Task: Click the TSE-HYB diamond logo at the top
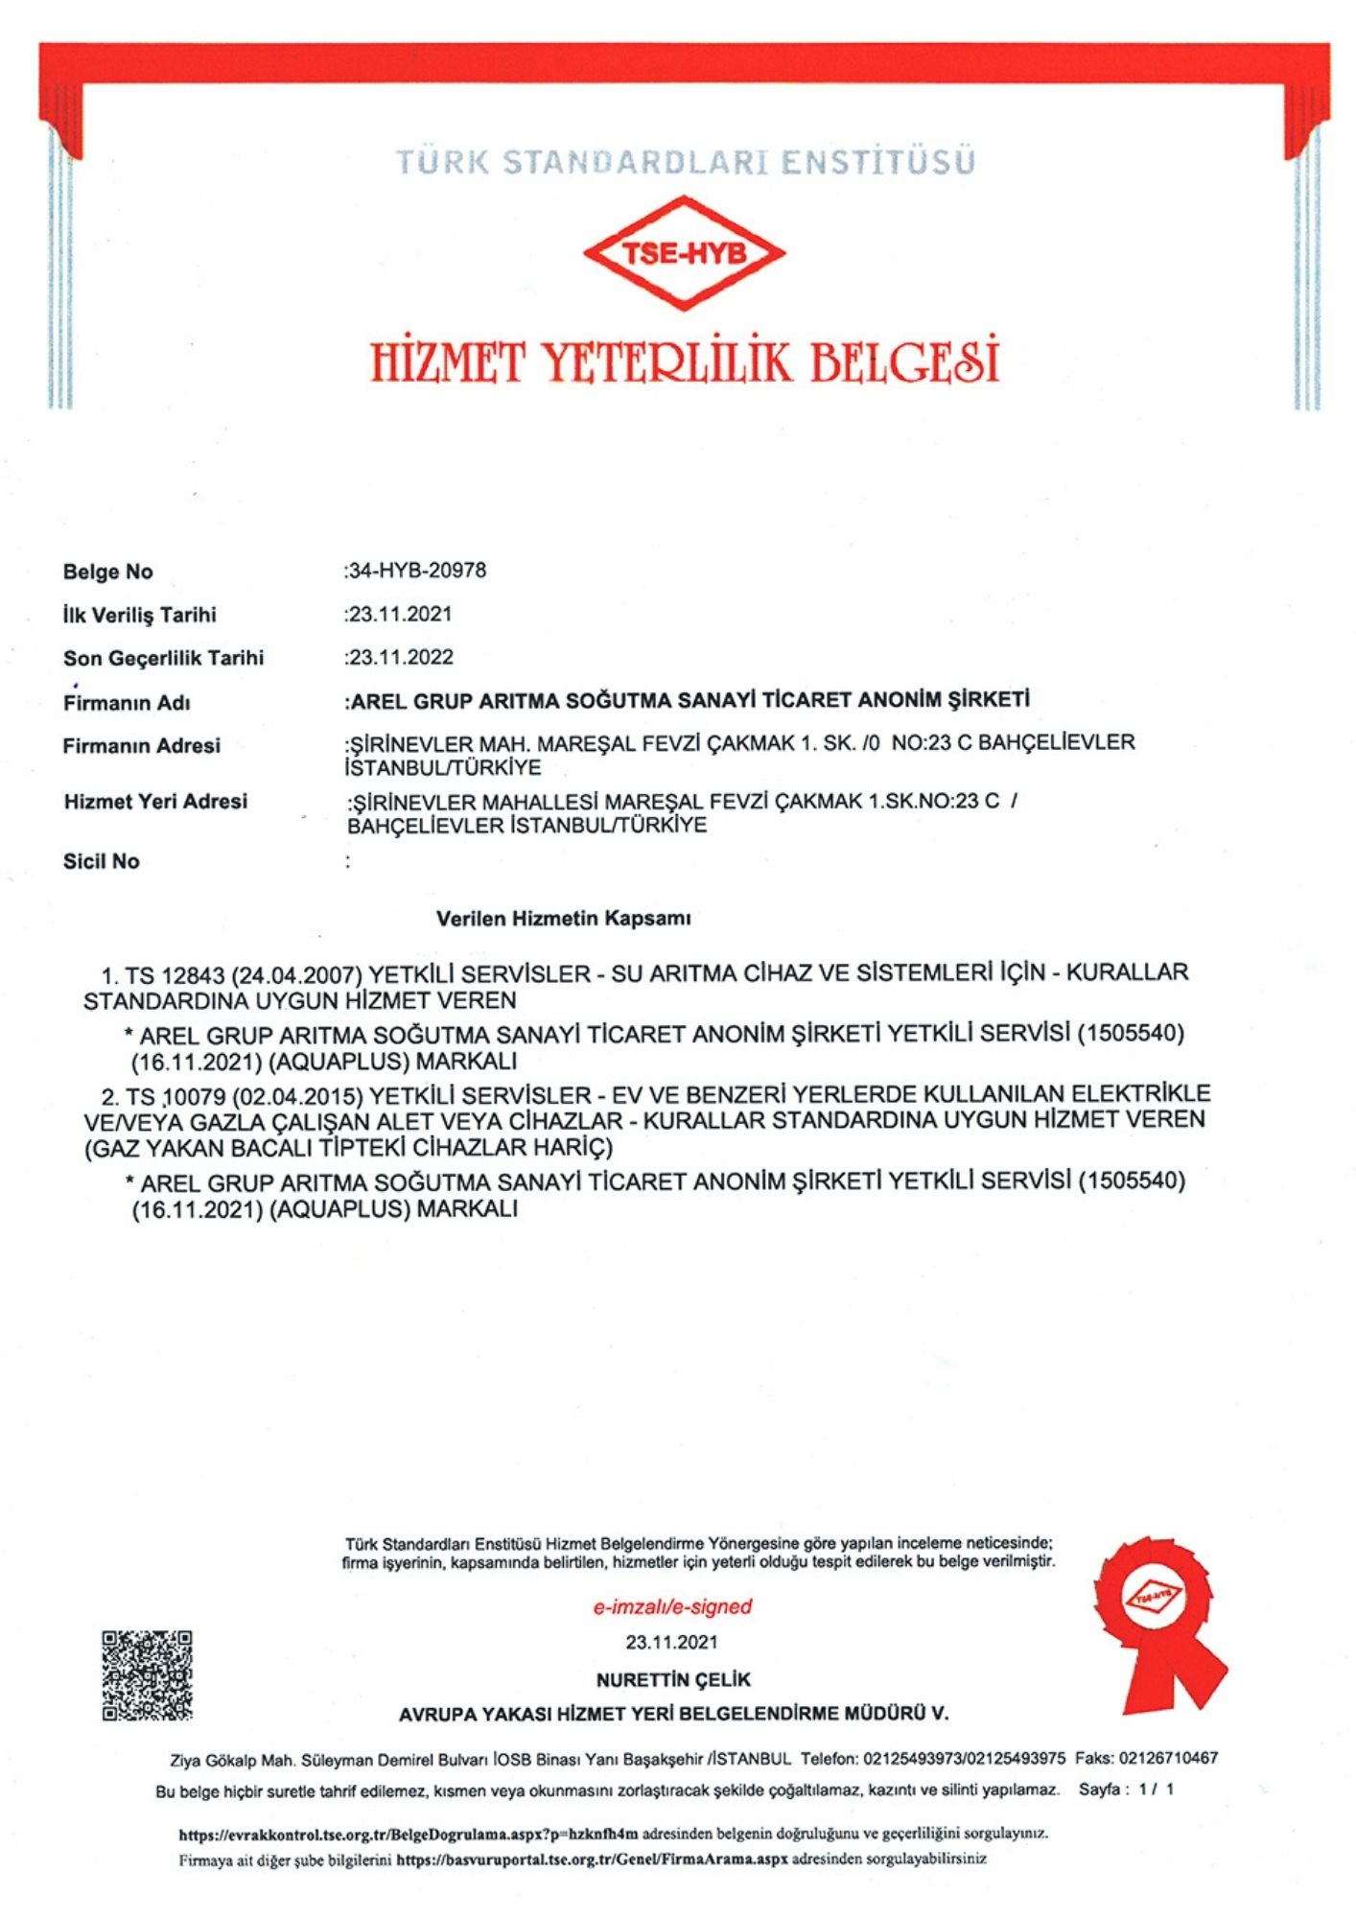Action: (x=684, y=253)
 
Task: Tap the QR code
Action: (x=147, y=1675)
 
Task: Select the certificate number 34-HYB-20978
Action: (x=417, y=571)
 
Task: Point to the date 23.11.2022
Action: (x=401, y=658)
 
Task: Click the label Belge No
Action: (x=107, y=572)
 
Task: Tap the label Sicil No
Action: (x=101, y=861)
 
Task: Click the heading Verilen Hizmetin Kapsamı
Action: (x=563, y=919)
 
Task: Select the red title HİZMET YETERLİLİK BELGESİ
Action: (x=684, y=362)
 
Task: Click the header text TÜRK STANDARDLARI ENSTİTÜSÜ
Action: (x=685, y=161)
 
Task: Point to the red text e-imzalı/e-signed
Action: (x=672, y=1606)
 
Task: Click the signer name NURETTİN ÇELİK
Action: (x=672, y=1680)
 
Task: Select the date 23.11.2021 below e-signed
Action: (x=671, y=1643)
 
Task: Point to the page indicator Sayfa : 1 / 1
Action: (x=1126, y=1789)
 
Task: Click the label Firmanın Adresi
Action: (x=141, y=746)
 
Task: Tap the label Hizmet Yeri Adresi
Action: (x=155, y=802)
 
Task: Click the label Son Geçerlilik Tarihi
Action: (x=163, y=659)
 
